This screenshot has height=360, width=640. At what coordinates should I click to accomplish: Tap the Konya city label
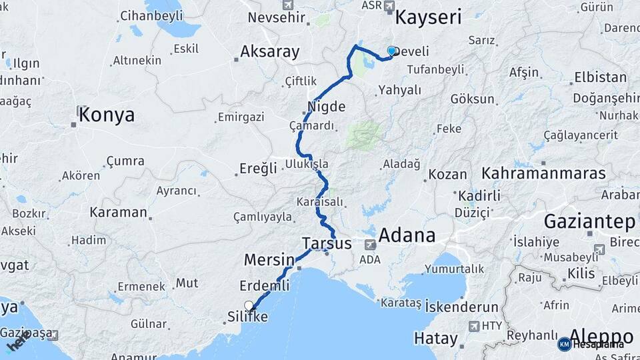pos(106,115)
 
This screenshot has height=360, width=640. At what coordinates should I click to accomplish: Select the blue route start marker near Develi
pos(391,51)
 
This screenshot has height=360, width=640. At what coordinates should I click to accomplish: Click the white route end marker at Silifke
pos(249,306)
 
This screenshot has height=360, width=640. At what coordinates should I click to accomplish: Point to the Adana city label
pos(407,235)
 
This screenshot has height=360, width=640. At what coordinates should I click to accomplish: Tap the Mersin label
pos(269,259)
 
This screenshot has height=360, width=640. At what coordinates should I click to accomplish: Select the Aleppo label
pos(603,335)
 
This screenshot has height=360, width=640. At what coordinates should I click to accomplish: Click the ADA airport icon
pos(369,245)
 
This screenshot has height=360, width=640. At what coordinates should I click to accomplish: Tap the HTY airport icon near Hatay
pos(474,326)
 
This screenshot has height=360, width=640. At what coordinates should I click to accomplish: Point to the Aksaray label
pos(270,51)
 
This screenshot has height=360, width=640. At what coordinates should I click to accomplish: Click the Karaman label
pos(119,212)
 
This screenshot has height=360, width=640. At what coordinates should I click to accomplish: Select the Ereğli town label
pos(259,169)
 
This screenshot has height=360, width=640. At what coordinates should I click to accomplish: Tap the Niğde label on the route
pos(327,107)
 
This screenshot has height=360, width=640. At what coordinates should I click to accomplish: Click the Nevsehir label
pos(276,17)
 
